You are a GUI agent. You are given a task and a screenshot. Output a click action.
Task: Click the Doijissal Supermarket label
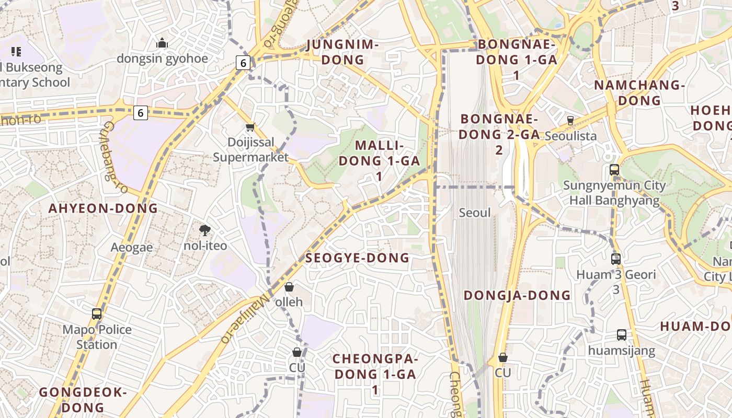point(250,149)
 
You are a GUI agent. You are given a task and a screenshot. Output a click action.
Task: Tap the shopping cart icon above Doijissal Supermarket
point(250,127)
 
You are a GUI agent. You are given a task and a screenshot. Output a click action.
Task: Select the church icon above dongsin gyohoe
point(162,43)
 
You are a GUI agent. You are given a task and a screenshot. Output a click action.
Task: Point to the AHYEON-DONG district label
point(103,208)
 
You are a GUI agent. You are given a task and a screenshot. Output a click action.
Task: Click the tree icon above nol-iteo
point(205,230)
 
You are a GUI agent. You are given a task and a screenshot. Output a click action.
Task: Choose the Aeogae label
point(132,247)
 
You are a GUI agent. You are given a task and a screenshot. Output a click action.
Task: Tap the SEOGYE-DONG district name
point(357,258)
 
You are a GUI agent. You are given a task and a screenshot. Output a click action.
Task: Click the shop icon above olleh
point(289,287)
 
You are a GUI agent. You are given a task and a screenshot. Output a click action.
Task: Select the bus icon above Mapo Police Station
point(97,314)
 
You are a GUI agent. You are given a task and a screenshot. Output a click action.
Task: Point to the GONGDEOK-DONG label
point(83,399)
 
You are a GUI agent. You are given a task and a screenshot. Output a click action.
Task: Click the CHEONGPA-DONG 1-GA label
point(375,374)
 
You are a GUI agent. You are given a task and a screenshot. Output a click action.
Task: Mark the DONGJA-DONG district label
point(517,296)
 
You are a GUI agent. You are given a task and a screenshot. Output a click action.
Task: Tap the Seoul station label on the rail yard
point(475,213)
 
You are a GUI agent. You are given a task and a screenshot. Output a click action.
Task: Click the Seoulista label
point(570,136)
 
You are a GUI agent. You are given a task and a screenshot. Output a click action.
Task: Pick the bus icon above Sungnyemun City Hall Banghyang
point(614,170)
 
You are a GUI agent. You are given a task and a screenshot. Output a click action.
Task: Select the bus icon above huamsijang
point(621,335)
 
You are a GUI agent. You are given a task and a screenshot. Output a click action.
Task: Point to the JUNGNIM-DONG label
point(342,52)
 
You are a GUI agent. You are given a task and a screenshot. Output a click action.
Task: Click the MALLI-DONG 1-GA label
point(379,160)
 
